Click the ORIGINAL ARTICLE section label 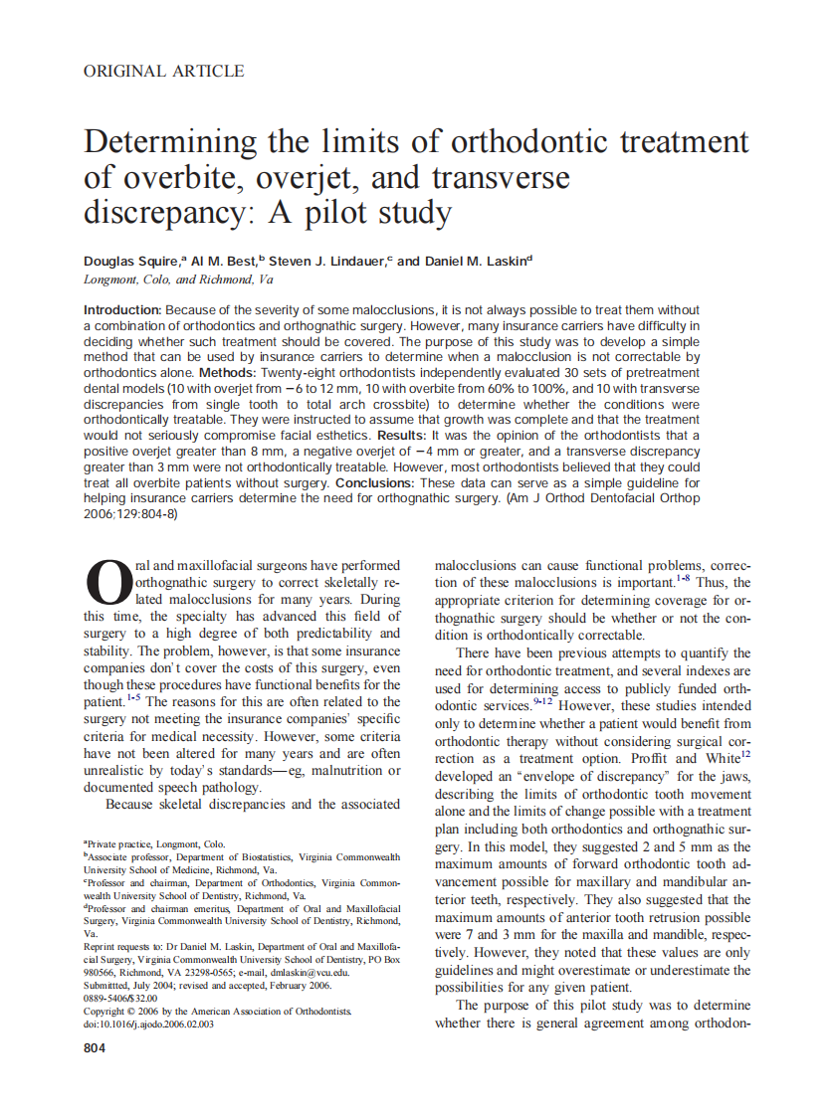tap(164, 71)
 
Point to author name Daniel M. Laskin tap(477, 261)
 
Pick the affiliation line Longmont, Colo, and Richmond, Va tap(178, 279)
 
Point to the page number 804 tap(96, 1048)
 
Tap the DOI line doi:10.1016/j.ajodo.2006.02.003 tap(148, 1024)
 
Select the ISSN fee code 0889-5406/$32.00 tap(120, 998)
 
